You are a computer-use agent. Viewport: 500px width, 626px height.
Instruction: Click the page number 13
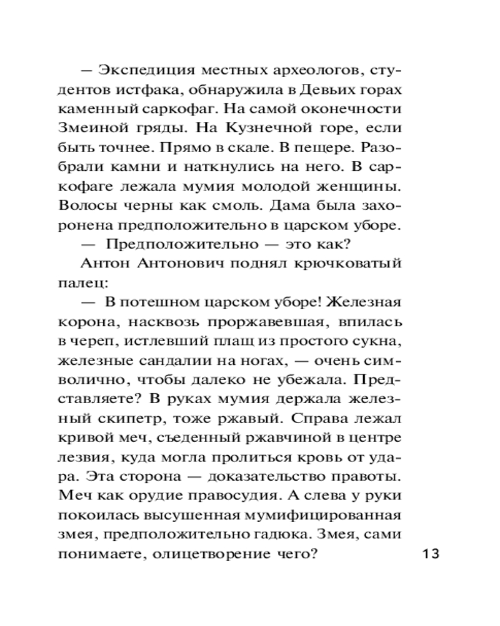(x=431, y=553)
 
